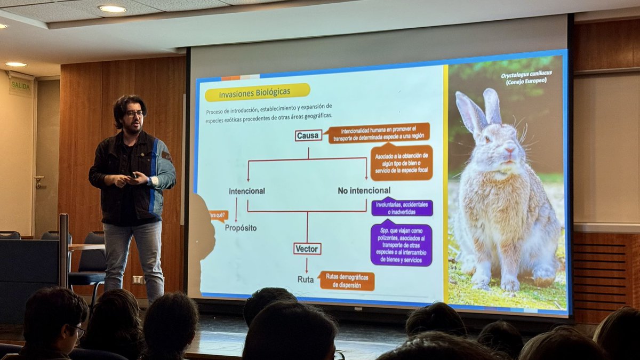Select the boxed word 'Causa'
click(x=308, y=135)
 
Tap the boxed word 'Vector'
click(x=307, y=249)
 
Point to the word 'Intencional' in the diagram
click(x=247, y=191)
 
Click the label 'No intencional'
click(x=364, y=190)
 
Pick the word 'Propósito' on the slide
click(x=241, y=228)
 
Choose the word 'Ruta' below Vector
click(x=306, y=279)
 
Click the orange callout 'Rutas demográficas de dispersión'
click(x=347, y=281)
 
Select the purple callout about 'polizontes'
click(x=402, y=245)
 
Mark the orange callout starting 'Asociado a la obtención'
click(x=402, y=163)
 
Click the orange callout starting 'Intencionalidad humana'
click(x=378, y=133)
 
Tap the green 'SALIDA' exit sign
click(x=20, y=86)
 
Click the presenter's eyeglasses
click(x=134, y=114)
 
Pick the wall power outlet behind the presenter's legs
click(x=138, y=279)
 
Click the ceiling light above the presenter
click(x=113, y=9)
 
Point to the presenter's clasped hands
click(x=130, y=179)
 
